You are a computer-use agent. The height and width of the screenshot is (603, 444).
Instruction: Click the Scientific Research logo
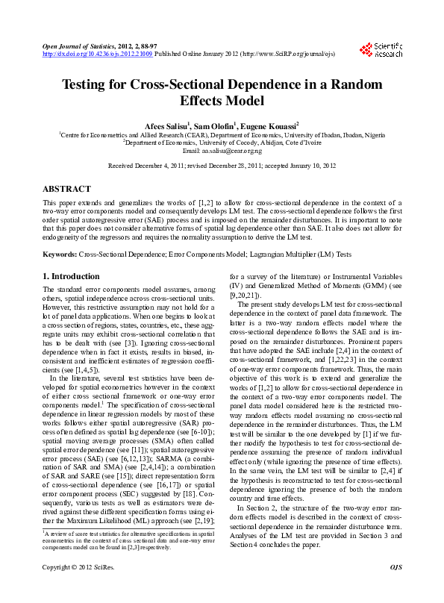pos(381,50)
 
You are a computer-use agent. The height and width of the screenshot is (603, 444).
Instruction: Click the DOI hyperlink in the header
pos(99,54)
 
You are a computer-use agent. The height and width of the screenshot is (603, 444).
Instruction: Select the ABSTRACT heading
pos(67,189)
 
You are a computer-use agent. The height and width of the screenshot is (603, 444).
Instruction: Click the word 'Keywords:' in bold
pos(59,254)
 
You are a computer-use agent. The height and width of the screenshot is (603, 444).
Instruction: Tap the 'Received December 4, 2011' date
pos(146,166)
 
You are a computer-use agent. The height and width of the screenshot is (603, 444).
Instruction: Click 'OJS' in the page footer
pos(395,589)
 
